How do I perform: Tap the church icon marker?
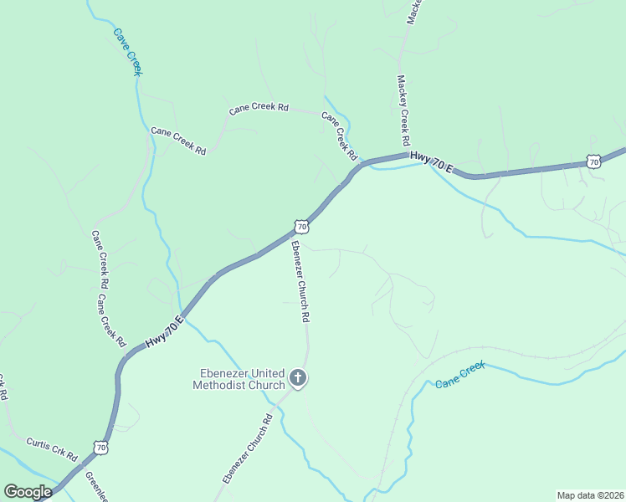point(297,379)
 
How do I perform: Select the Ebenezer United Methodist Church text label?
point(239,379)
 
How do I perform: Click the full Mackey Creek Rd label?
point(403,110)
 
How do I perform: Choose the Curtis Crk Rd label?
point(52,449)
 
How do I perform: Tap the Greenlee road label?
point(94,486)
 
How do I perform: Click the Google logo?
point(28,492)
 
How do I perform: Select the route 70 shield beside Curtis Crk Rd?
point(101,448)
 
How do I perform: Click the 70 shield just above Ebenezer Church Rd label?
point(301,227)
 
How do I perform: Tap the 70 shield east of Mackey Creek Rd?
point(593,161)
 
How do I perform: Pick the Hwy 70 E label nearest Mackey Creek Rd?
point(431,162)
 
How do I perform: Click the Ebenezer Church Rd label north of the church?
point(300,281)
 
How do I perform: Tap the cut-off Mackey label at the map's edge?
point(413,12)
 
